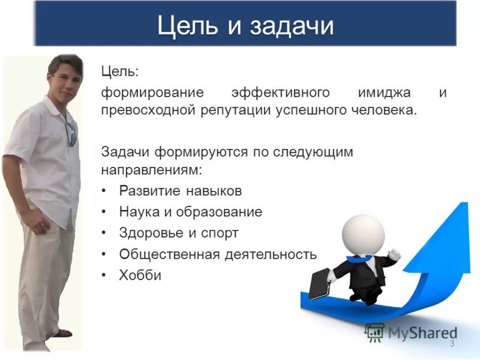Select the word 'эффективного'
(x=281, y=93)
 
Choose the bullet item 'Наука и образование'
(x=190, y=212)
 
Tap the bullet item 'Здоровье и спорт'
(x=178, y=233)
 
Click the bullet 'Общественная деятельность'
(x=217, y=254)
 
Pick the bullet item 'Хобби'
(x=140, y=275)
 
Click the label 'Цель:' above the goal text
(x=119, y=72)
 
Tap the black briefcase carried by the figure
(x=319, y=282)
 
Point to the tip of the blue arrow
(x=461, y=207)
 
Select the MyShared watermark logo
(x=411, y=332)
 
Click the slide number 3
(x=452, y=343)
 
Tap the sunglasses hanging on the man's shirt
(x=71, y=133)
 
